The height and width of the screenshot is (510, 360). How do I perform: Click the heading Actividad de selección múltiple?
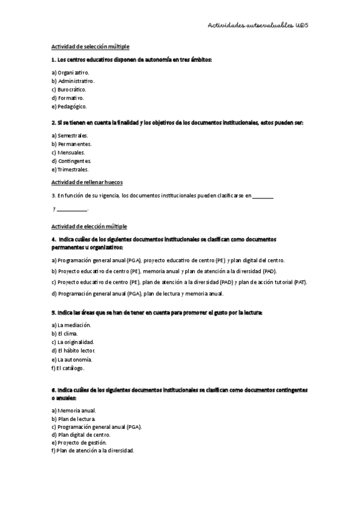pos(90,47)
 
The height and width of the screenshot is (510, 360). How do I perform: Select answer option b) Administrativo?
pos(73,81)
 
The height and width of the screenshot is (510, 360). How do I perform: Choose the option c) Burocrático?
pos(69,89)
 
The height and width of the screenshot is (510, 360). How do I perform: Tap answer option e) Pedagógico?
pos(69,106)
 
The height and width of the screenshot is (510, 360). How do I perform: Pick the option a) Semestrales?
pos(70,135)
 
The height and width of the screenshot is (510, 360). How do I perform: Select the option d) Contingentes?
pos(72,161)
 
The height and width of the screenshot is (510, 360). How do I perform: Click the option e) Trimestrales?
pos(70,170)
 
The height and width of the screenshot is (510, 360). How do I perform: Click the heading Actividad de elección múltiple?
pos(88,226)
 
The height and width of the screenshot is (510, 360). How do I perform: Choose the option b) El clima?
pos(64,333)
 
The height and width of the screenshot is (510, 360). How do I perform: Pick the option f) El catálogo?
pos(68,367)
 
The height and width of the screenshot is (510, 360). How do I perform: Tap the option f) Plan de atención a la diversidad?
pos(93,450)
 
